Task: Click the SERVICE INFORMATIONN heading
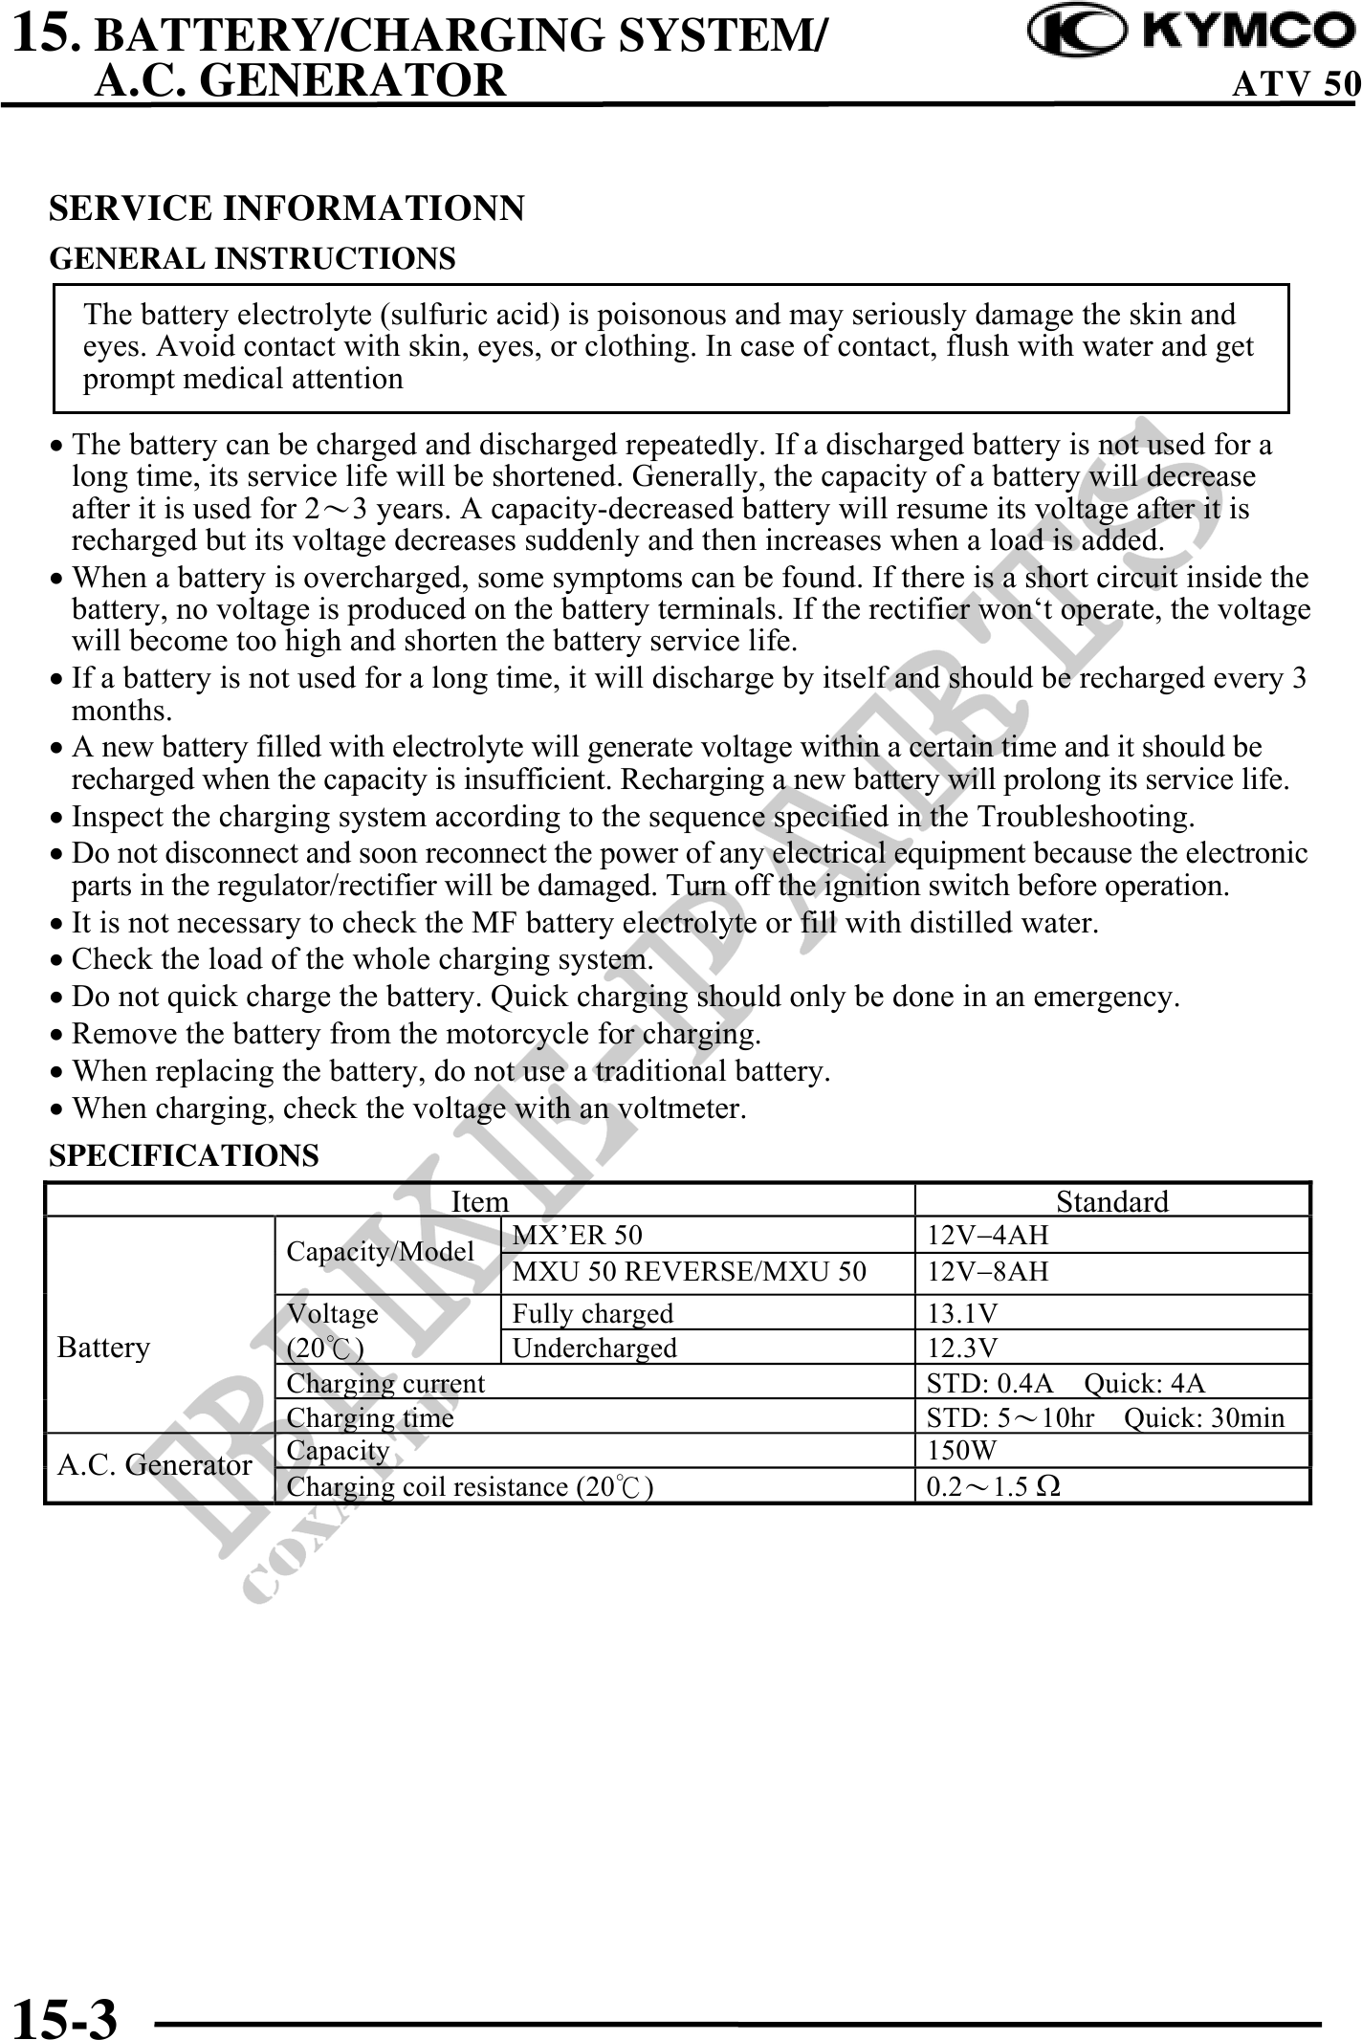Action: pyautogui.click(x=286, y=208)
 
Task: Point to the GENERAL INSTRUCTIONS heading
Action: pyautogui.click(x=253, y=258)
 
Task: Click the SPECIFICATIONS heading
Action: pyautogui.click(x=184, y=1155)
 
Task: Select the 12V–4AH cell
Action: pyautogui.click(x=988, y=1235)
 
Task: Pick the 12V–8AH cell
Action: pyautogui.click(x=988, y=1271)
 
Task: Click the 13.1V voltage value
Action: pyautogui.click(x=963, y=1313)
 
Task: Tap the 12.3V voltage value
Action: pyautogui.click(x=963, y=1348)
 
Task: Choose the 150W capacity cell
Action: pyautogui.click(x=962, y=1451)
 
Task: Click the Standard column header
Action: pyautogui.click(x=1111, y=1201)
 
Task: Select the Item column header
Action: pyautogui.click(x=479, y=1201)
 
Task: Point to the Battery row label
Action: pyautogui.click(x=104, y=1348)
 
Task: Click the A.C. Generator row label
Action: pyautogui.click(x=155, y=1465)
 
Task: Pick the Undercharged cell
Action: pyautogui.click(x=594, y=1348)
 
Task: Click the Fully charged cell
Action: pyautogui.click(x=592, y=1313)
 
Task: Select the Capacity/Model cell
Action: pyautogui.click(x=380, y=1252)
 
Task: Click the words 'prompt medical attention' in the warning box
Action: pyautogui.click(x=243, y=379)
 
